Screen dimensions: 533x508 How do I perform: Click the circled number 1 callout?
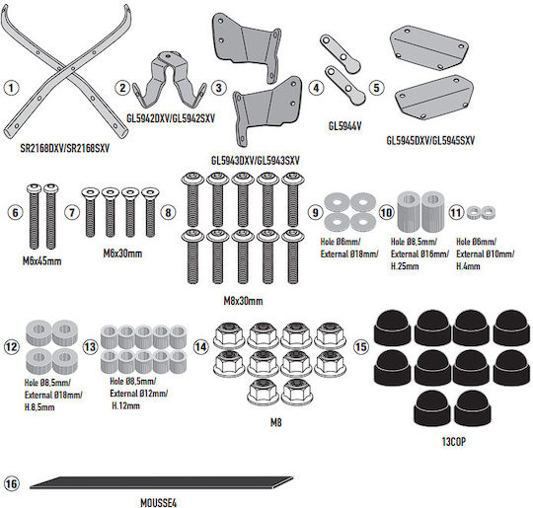click(x=11, y=88)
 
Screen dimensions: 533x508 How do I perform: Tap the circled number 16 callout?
click(x=11, y=483)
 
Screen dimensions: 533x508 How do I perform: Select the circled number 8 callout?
click(x=168, y=213)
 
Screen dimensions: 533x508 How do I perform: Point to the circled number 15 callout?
click(x=361, y=347)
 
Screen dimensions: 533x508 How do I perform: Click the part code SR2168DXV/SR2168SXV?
click(x=65, y=149)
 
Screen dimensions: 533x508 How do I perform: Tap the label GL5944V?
click(x=344, y=126)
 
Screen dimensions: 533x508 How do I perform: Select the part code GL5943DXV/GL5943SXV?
click(x=256, y=161)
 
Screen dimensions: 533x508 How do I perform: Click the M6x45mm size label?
click(x=42, y=261)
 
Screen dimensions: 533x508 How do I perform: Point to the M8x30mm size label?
click(x=243, y=301)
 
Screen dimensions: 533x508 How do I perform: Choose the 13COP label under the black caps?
click(x=454, y=442)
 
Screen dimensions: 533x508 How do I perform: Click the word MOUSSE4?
click(x=158, y=503)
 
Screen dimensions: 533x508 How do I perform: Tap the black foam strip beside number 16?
click(x=161, y=483)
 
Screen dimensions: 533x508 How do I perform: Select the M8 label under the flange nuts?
click(x=276, y=422)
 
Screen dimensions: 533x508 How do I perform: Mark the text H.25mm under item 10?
click(x=405, y=266)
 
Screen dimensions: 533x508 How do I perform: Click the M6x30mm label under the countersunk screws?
click(x=122, y=254)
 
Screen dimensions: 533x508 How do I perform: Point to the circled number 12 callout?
click(x=11, y=347)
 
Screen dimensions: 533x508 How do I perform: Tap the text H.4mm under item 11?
click(x=468, y=266)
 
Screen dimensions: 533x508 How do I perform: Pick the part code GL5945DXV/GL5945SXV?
click(x=430, y=140)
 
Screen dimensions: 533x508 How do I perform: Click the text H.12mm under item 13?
click(x=125, y=405)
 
